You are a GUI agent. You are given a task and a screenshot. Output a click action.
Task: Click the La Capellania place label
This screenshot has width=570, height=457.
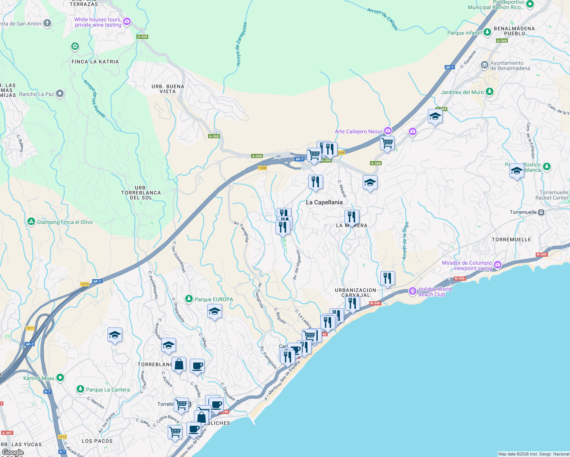[324, 202]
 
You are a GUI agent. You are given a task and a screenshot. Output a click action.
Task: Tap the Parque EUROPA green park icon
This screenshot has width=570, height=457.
[189, 299]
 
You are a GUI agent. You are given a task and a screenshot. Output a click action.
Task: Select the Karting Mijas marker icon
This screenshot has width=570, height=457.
[60, 378]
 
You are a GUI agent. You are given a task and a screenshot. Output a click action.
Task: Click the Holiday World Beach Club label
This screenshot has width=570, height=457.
[435, 292]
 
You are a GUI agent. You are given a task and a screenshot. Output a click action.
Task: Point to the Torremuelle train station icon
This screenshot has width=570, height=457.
[541, 212]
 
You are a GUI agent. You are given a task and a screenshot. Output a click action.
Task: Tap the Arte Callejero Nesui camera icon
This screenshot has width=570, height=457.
[387, 131]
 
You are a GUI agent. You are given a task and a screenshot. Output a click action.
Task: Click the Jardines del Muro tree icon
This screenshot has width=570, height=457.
[490, 92]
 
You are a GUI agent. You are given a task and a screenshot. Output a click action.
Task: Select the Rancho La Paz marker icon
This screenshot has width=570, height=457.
[59, 94]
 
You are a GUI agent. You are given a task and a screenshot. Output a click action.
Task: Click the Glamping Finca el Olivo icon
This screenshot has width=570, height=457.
[31, 222]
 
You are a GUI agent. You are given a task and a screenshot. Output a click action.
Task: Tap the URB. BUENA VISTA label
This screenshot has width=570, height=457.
[168, 89]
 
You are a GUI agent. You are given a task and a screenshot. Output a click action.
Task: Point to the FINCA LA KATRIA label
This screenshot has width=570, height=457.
[95, 62]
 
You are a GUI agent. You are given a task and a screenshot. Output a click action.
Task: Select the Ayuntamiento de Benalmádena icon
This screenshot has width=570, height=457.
[484, 65]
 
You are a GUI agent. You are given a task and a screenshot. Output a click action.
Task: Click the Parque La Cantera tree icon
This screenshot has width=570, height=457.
[80, 389]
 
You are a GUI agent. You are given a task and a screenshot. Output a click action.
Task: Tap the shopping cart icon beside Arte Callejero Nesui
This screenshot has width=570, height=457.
[387, 144]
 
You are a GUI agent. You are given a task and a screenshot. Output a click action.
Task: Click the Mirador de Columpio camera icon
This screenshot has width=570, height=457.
[497, 265]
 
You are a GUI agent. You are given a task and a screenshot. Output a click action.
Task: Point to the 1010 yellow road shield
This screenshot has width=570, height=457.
[85, 284]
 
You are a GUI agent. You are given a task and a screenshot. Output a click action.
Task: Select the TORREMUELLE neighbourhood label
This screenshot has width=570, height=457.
[511, 240]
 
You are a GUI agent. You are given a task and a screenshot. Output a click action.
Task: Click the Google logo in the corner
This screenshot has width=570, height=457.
[13, 452]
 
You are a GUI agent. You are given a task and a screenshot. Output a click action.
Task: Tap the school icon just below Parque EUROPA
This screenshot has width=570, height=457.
[215, 312]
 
